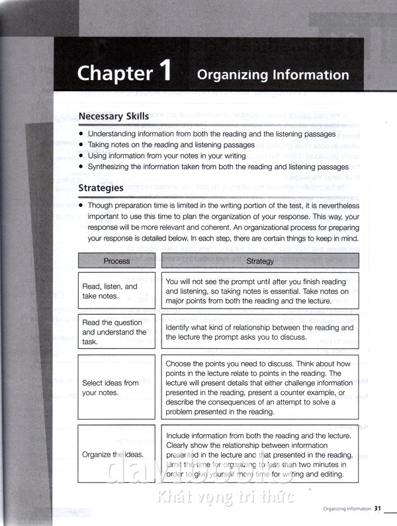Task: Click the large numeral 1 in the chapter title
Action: pyautogui.click(x=163, y=70)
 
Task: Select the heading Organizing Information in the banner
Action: pyautogui.click(x=273, y=75)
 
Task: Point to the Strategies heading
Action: pyautogui.click(x=101, y=188)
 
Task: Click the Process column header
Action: pyautogui.click(x=116, y=261)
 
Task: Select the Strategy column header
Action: pyautogui.click(x=259, y=261)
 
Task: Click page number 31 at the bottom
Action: pyautogui.click(x=378, y=508)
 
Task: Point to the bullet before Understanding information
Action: pyautogui.click(x=81, y=134)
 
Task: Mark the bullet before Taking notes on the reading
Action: pyautogui.click(x=81, y=144)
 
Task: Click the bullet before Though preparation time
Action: pyautogui.click(x=81, y=206)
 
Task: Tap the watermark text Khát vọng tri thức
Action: pyautogui.click(x=224, y=496)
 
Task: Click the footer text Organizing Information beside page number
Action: pyautogui.click(x=347, y=509)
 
